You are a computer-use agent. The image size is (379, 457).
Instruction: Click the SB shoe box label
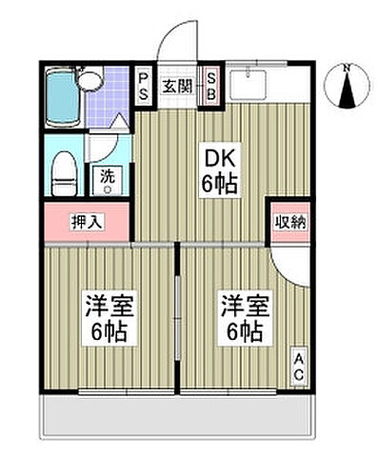[210, 88]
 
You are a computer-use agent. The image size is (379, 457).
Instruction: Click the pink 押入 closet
[87, 222]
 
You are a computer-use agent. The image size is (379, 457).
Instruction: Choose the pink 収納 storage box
[289, 223]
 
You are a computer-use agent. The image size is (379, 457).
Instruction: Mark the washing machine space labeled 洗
[107, 180]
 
